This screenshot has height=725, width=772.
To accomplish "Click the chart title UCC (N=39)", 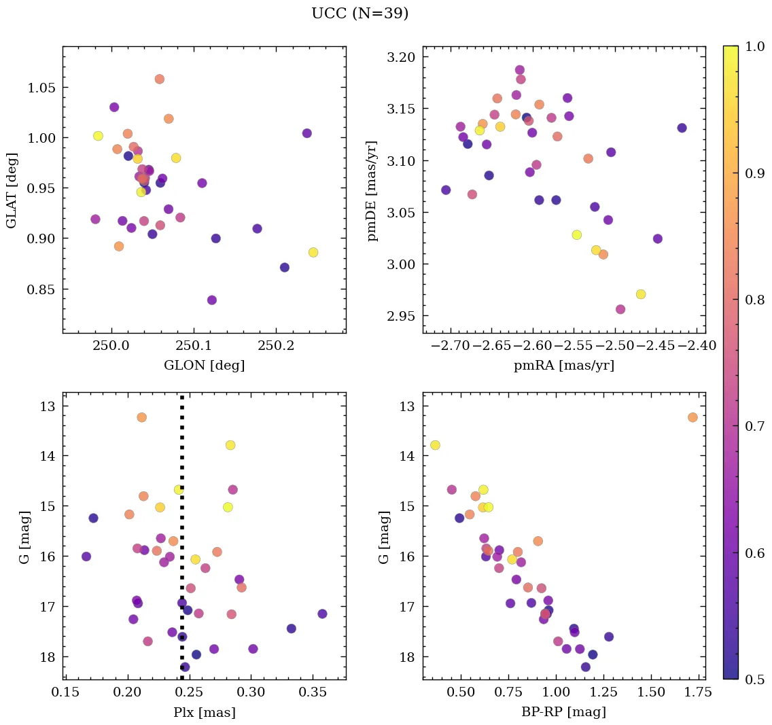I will (359, 14).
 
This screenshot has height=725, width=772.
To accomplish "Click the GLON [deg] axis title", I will (204, 365).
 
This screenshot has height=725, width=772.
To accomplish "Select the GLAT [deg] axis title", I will (11, 190).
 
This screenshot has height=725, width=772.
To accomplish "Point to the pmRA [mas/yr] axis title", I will (563, 365).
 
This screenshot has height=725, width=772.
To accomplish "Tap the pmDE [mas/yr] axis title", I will (372, 190).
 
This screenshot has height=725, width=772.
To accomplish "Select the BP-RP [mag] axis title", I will (563, 712).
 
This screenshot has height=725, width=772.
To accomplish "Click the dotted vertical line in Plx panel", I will (181, 544).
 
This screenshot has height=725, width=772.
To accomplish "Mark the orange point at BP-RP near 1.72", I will (692, 417).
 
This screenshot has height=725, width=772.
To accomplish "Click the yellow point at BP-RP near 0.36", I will (435, 445).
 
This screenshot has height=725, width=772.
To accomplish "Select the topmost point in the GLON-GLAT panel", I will (160, 79).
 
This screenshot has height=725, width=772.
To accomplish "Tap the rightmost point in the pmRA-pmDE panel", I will (682, 128).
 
